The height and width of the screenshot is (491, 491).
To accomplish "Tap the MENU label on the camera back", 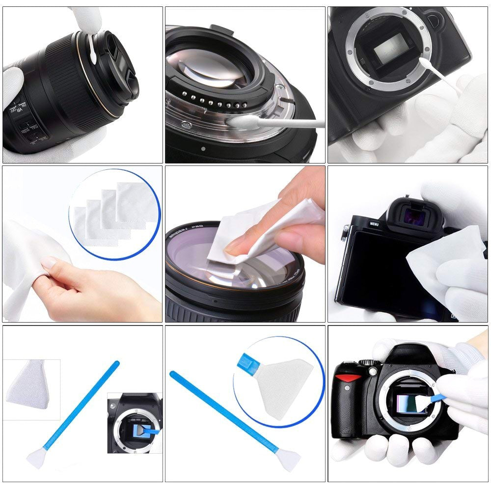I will point(374,224).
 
